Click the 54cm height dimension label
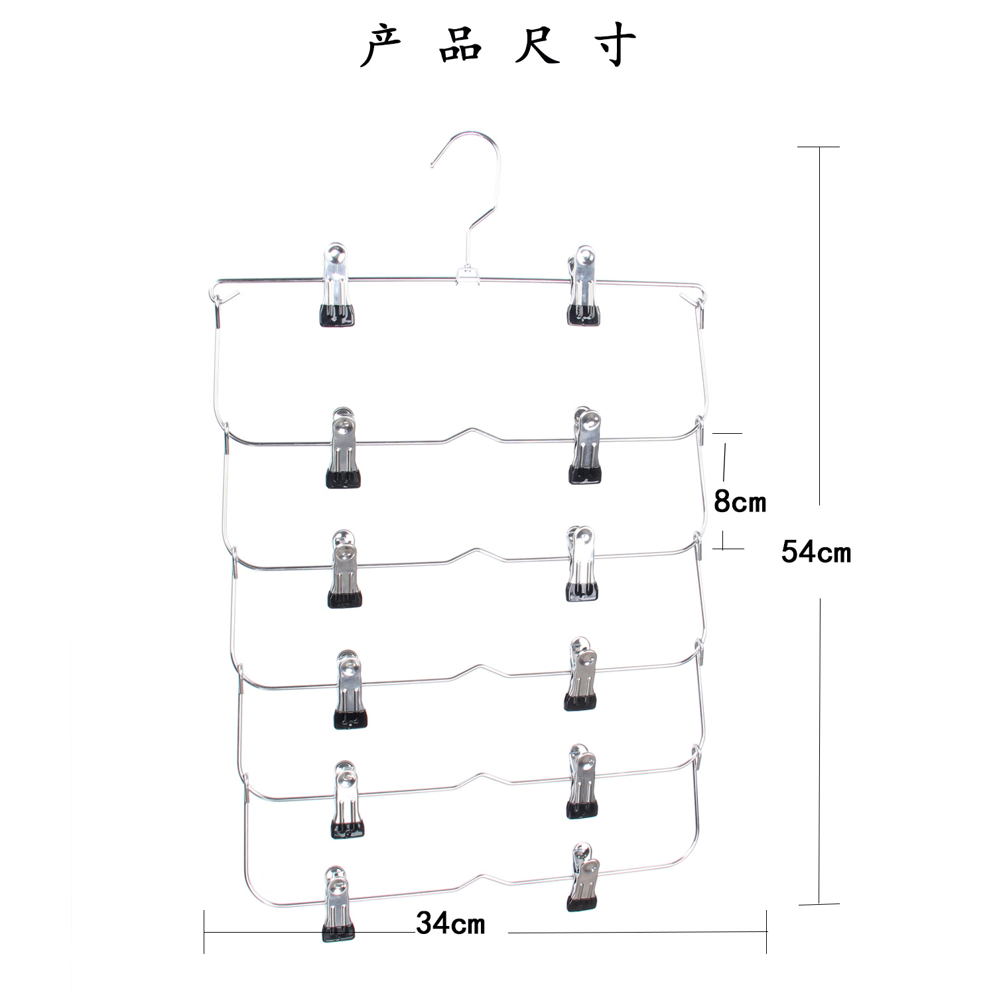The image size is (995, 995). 815,552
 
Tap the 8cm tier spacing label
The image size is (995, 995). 740,502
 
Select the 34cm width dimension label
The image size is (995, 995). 450,923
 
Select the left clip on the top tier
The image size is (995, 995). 336,285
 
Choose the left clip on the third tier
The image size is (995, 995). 345,569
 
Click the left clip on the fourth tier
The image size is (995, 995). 350,690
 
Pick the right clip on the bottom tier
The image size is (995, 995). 582,877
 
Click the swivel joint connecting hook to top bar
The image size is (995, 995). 468,274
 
